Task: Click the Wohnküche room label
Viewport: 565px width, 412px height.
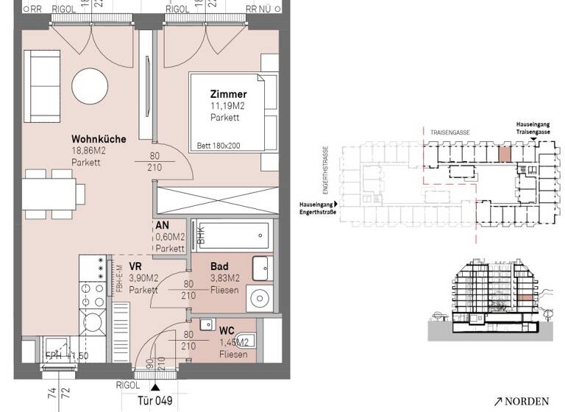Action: [99, 139]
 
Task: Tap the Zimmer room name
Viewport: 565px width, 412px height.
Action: [228, 95]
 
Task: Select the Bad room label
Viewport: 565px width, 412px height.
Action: [219, 266]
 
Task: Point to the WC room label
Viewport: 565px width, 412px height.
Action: [226, 330]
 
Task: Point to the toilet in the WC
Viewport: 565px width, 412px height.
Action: [247, 340]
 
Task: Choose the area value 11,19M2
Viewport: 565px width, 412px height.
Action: [230, 106]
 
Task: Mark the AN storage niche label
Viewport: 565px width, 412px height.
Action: [163, 226]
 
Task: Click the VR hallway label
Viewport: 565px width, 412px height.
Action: [135, 266]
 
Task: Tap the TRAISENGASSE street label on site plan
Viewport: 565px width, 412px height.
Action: [453, 132]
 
